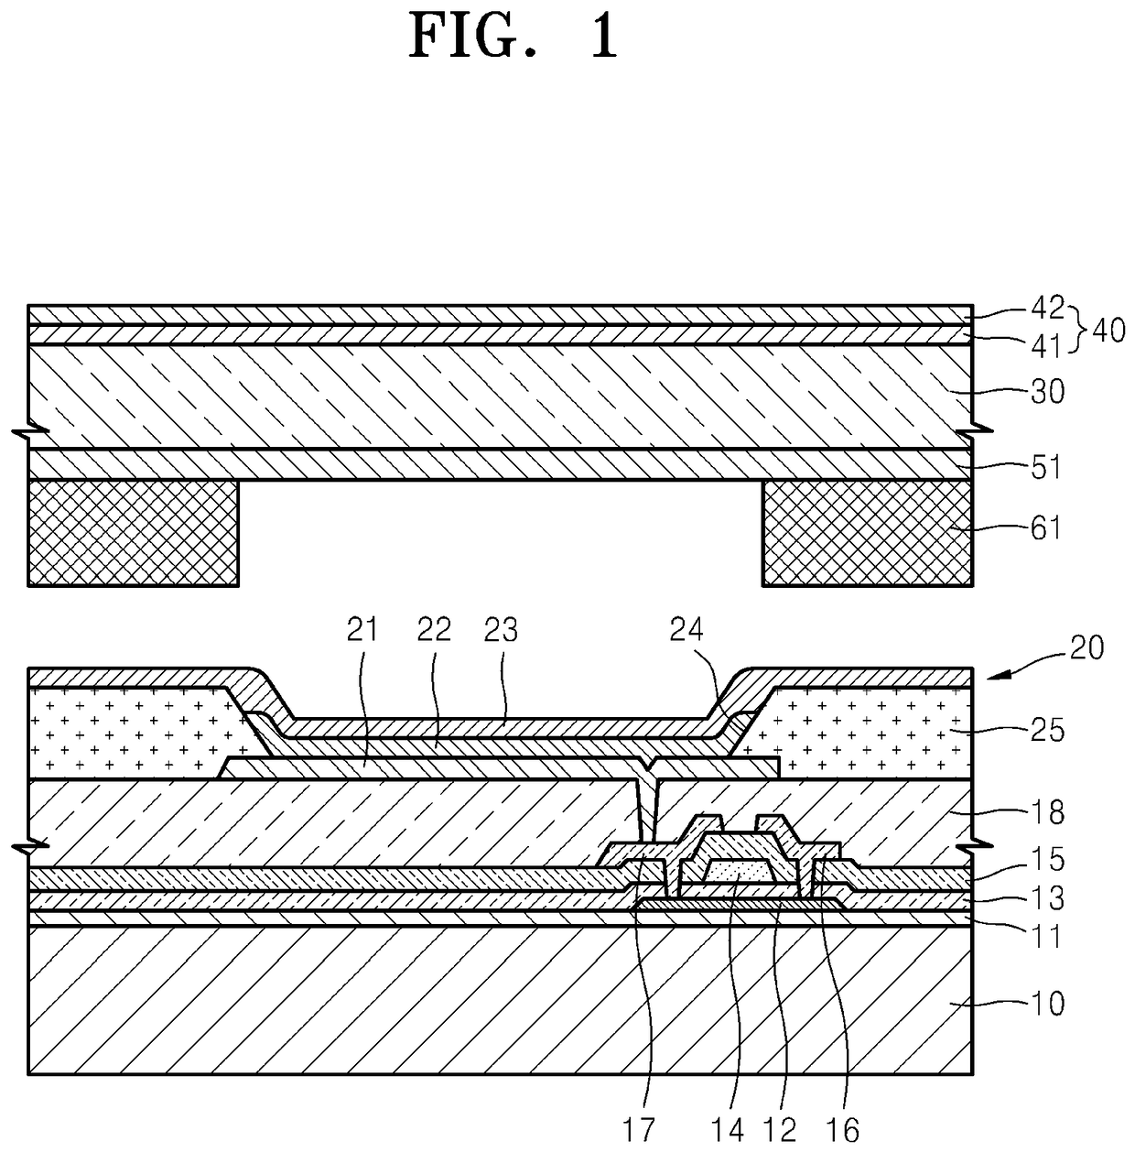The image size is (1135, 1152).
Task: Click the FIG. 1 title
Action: (513, 37)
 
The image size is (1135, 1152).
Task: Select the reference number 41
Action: (1046, 346)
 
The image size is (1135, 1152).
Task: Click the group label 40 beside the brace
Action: (1108, 330)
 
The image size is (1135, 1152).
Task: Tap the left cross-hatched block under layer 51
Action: (134, 533)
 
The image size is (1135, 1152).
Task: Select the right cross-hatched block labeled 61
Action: (867, 533)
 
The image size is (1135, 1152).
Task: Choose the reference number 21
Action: (362, 630)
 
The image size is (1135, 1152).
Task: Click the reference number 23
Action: (502, 630)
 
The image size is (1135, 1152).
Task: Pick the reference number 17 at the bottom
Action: (640, 1132)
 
